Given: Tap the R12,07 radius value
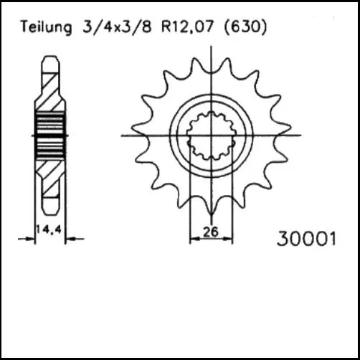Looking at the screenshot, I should (x=183, y=27).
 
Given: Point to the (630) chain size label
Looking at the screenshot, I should (x=245, y=27).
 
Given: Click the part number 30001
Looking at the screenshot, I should (x=305, y=238).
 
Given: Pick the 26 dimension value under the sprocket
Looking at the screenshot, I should (x=211, y=232).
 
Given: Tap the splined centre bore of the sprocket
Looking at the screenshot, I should (x=211, y=134).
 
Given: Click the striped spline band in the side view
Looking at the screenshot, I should (x=50, y=133).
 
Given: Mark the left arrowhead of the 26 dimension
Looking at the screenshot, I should (x=193, y=239).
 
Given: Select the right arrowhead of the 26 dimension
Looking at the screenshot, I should (x=229, y=239).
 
